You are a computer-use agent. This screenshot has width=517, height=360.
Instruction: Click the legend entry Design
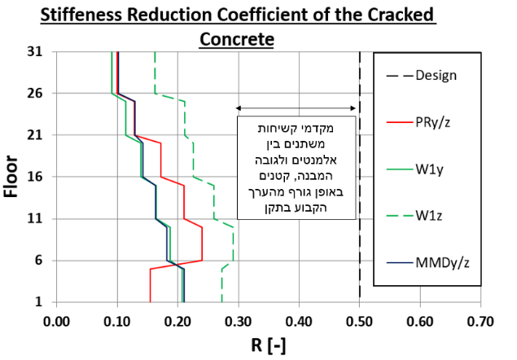[436, 76]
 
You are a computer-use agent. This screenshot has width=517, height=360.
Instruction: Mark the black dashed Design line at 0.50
[360, 204]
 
